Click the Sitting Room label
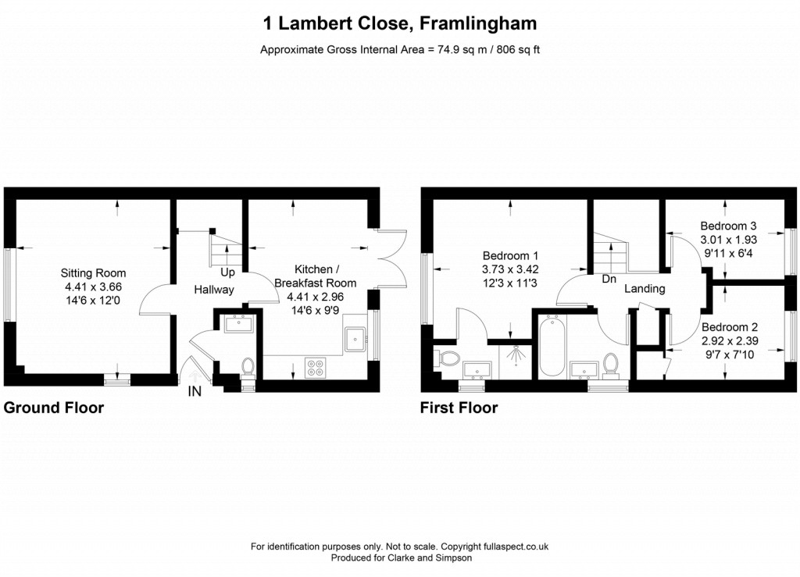click(94, 273)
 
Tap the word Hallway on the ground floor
click(214, 290)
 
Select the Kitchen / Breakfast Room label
click(314, 276)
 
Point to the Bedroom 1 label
click(510, 255)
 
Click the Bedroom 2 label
click(729, 327)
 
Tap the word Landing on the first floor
click(645, 289)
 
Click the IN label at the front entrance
click(194, 392)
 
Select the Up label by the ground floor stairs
click(228, 272)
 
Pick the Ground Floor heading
click(54, 408)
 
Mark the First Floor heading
click(459, 408)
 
